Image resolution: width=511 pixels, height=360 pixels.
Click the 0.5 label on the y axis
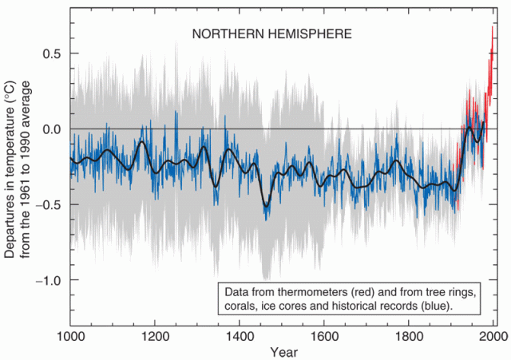pos(52,53)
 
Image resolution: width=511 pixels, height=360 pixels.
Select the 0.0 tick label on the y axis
pos(52,129)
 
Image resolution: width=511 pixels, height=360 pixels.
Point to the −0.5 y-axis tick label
pos(50,204)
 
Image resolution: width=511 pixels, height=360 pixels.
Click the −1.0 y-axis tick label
pos(50,280)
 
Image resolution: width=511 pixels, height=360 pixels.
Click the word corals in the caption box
pos(240,305)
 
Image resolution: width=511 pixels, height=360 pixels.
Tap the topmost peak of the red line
pos(492,27)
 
